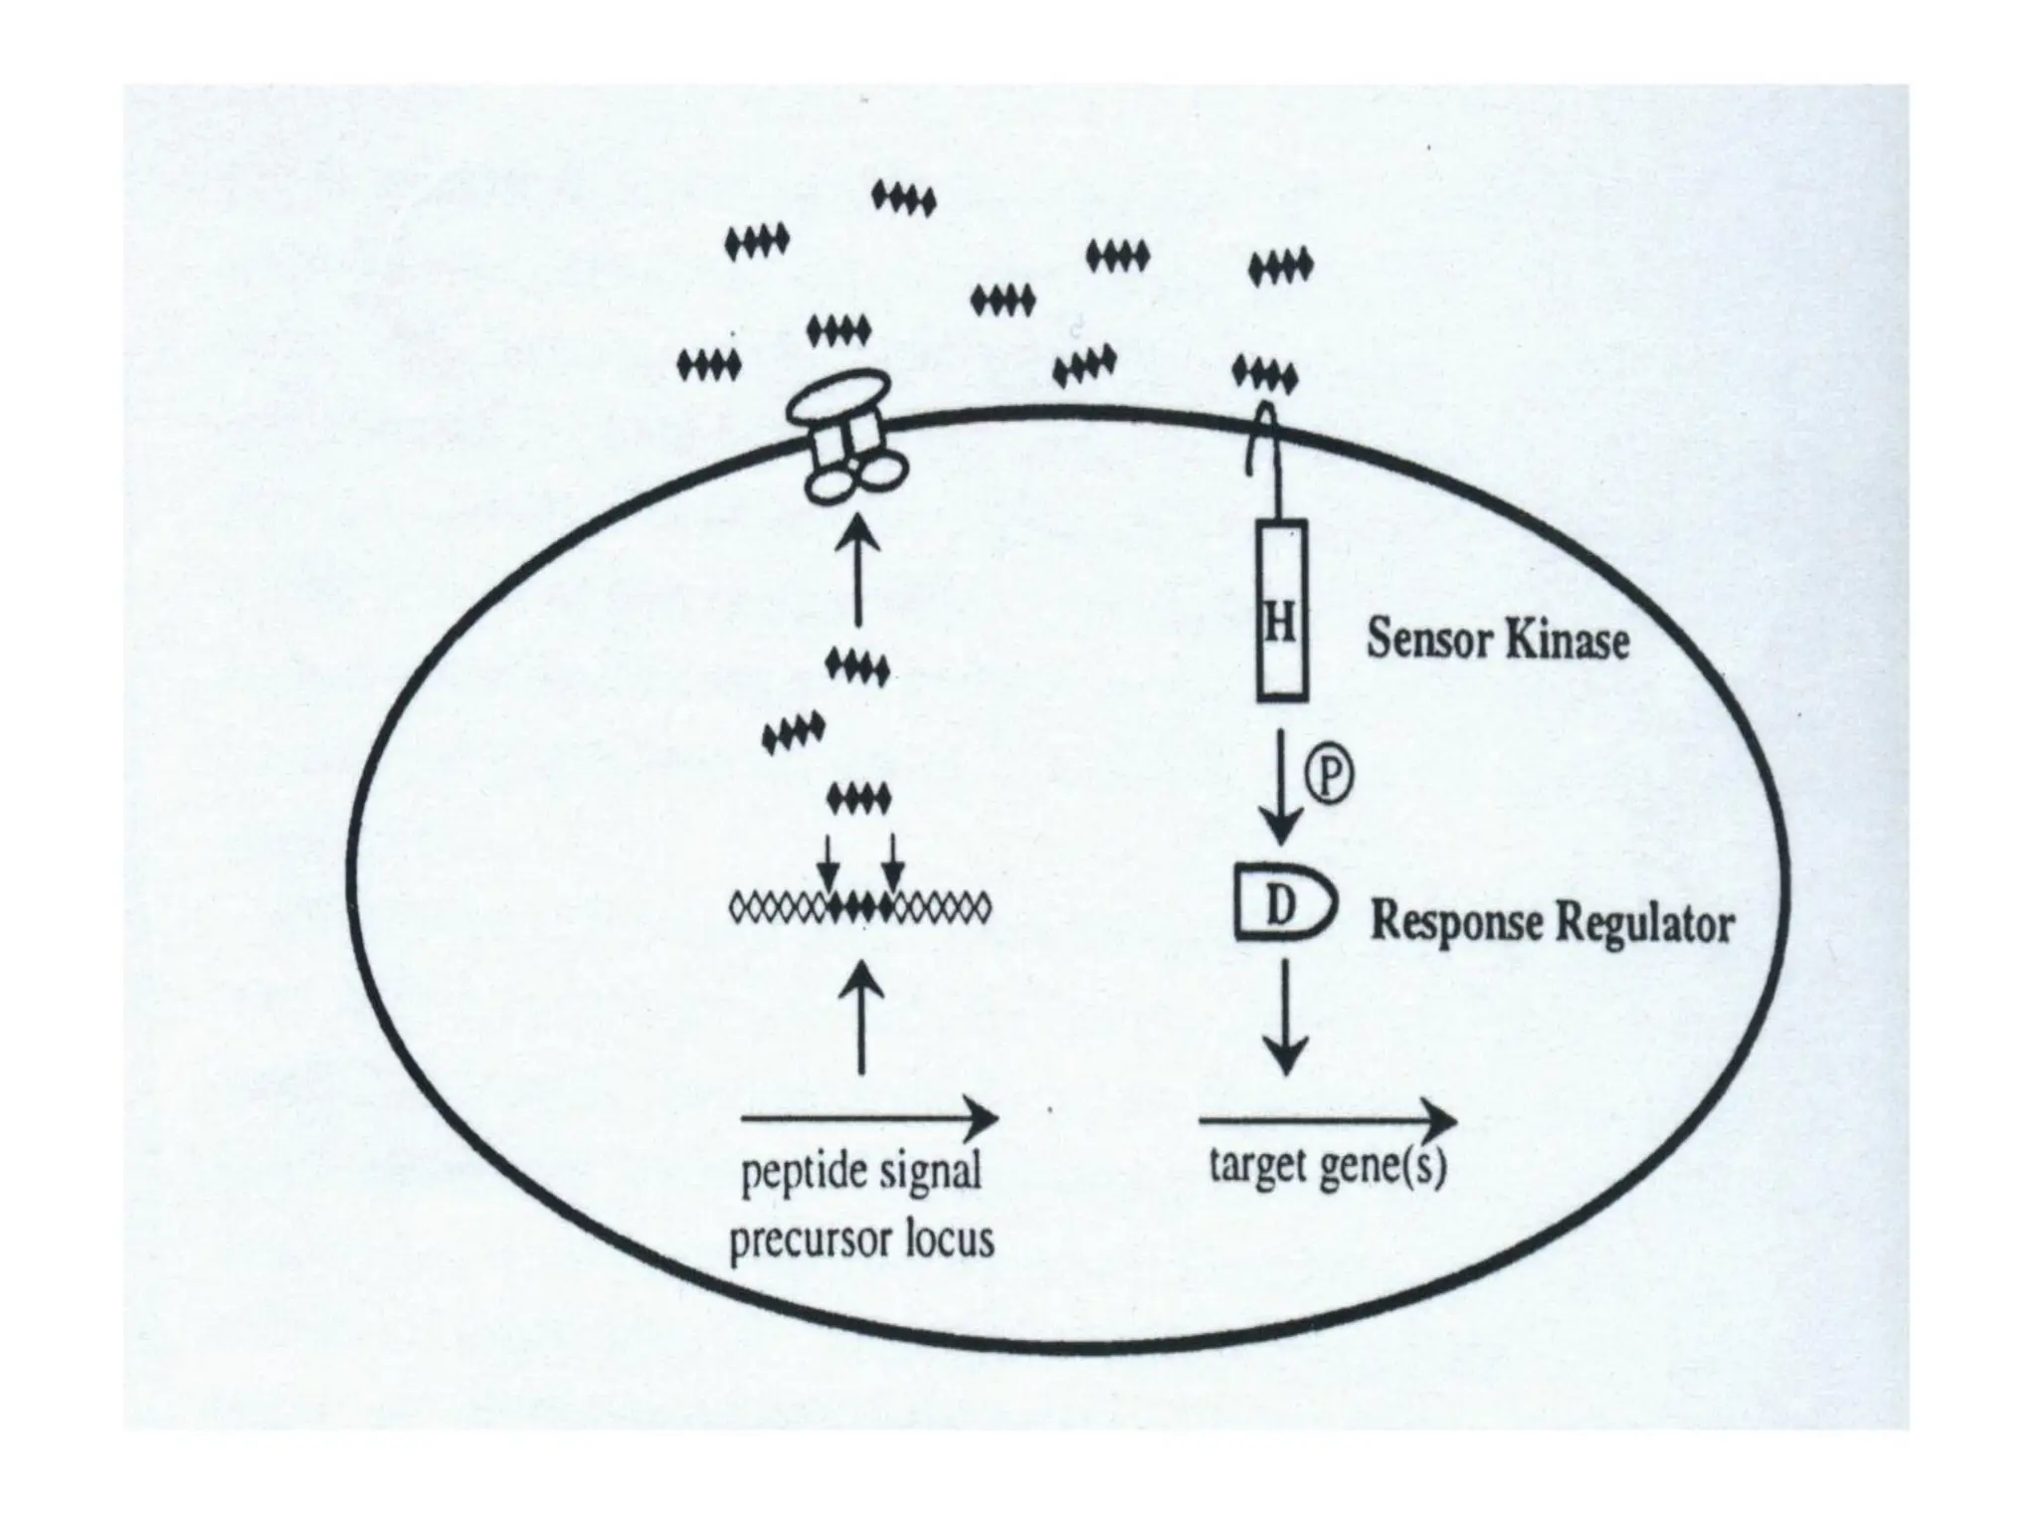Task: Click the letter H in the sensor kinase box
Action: click(x=1281, y=626)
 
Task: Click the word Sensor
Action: click(x=1426, y=640)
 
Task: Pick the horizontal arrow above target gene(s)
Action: click(x=1327, y=1122)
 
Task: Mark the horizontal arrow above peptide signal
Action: click(x=869, y=1118)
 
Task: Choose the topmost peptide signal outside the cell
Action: click(x=903, y=200)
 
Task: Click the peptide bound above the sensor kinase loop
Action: click(x=1264, y=376)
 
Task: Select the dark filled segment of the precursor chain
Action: click(x=860, y=906)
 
